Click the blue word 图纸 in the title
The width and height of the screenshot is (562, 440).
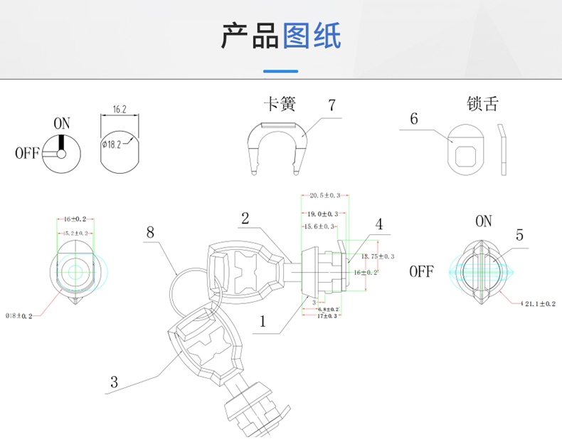(x=312, y=36)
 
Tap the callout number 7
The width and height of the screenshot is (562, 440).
(x=332, y=105)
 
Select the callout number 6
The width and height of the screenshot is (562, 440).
(x=414, y=119)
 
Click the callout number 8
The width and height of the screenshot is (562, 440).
(x=150, y=231)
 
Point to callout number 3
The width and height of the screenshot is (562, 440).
(x=114, y=382)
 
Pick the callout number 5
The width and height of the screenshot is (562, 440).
(x=519, y=235)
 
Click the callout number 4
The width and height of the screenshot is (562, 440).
(x=379, y=224)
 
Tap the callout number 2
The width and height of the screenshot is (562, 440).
(x=245, y=219)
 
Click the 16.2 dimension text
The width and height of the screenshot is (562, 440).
(x=120, y=110)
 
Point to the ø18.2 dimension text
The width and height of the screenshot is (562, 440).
(x=113, y=144)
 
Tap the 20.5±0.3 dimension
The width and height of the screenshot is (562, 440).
(x=324, y=195)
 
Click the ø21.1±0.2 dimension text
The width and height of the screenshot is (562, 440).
(x=539, y=304)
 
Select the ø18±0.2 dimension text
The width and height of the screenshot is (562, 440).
(x=19, y=315)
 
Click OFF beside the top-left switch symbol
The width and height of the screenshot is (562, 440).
(x=26, y=153)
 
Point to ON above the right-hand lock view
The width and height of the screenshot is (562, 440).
(x=483, y=221)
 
